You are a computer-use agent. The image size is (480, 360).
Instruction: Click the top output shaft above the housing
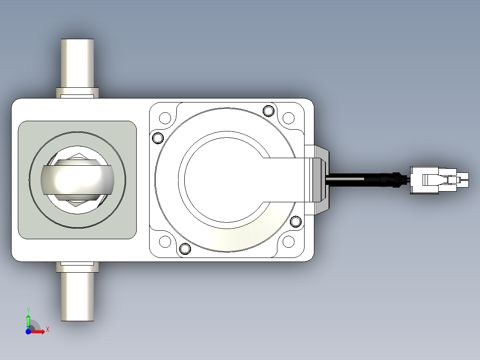click(x=77, y=63)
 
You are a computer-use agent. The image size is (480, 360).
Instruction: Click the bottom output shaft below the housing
click(x=77, y=297)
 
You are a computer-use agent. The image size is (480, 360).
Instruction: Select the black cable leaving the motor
click(x=367, y=180)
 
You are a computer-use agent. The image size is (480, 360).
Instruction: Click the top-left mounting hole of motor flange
click(x=165, y=118)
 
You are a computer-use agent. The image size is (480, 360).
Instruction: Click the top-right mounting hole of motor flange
click(x=289, y=118)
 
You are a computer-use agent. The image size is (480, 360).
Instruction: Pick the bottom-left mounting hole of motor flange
click(x=165, y=241)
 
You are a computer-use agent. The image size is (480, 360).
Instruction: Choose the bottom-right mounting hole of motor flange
click(x=289, y=241)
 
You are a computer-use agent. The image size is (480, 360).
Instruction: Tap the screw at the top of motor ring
click(x=268, y=110)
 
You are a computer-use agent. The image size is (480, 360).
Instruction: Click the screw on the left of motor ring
click(x=158, y=138)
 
